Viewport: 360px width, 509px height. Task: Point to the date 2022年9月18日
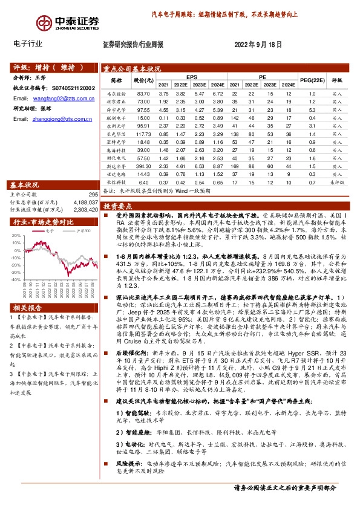pos(258,45)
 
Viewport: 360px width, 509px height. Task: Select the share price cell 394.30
pos(143,165)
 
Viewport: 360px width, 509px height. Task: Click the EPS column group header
pos(192,77)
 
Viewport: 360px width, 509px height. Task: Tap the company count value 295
pos(93,194)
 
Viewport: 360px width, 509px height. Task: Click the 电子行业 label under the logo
pos(28,44)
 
